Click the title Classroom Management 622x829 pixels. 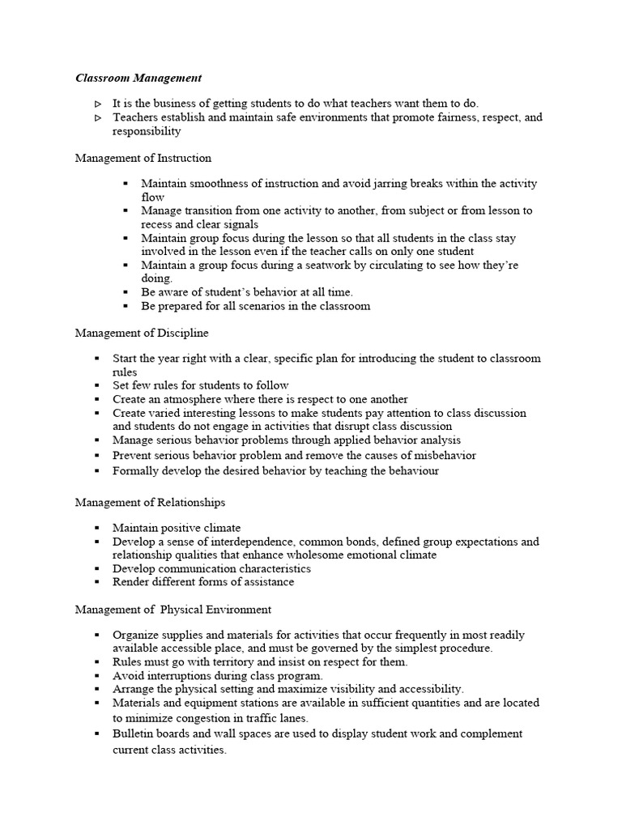pos(138,79)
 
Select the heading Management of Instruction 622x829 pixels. pos(143,158)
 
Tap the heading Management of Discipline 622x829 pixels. pos(142,332)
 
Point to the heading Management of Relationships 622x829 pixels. pos(150,502)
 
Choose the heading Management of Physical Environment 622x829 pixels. pos(173,609)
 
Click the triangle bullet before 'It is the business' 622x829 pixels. pos(97,104)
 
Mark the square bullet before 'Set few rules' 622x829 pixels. pos(96,385)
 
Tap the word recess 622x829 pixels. pos(157,224)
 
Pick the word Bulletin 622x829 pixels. pos(134,733)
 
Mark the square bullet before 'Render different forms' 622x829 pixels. pos(96,581)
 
